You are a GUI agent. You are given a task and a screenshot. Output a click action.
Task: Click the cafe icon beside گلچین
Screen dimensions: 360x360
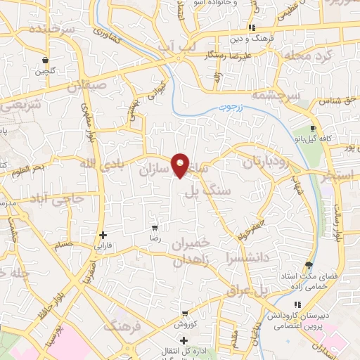[x=46, y=60]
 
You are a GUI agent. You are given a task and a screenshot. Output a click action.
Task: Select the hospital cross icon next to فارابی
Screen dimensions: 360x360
[x=103, y=235]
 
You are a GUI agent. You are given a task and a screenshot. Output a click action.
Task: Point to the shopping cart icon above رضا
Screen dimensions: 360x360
[x=155, y=228]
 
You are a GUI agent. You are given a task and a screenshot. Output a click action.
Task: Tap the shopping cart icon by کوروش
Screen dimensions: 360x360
[x=184, y=314]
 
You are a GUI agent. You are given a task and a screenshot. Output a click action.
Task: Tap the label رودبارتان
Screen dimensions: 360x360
[x=266, y=162]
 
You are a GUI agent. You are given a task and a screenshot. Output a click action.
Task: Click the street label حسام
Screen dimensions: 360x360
[x=64, y=245]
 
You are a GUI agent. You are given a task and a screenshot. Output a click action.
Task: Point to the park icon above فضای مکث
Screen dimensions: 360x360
[x=309, y=265]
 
